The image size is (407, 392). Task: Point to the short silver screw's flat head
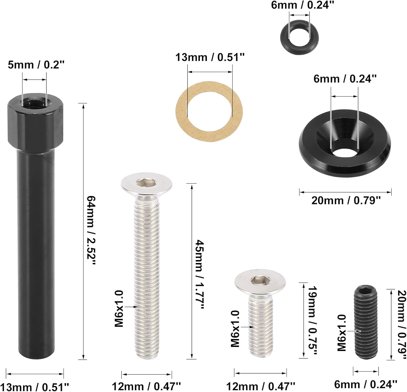point(260,282)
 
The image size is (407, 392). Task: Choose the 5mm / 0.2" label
point(36,65)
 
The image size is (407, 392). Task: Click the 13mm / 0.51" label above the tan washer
point(210,57)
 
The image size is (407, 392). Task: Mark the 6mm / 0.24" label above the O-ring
point(302,5)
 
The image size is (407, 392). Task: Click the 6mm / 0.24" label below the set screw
point(365,384)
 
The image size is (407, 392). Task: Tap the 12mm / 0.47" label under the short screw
point(260,386)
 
